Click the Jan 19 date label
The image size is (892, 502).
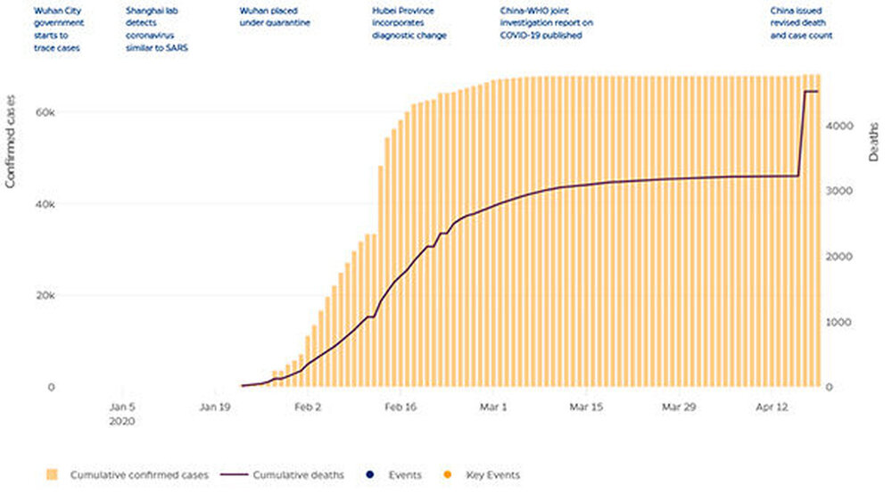click(x=214, y=406)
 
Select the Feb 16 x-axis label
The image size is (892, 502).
click(x=400, y=406)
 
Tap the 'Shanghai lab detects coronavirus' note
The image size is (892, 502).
click(x=158, y=29)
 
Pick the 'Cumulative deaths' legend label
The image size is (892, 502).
click(x=299, y=475)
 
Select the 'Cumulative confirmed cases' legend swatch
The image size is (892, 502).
click(x=51, y=475)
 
